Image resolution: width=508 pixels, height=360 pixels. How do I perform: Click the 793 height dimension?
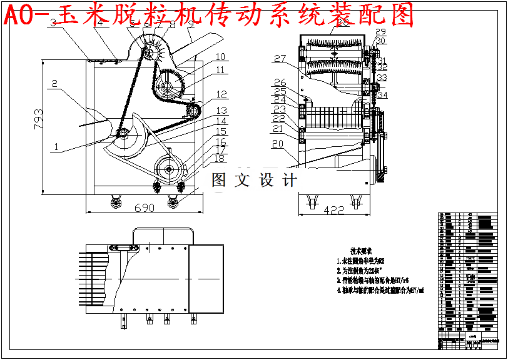point(38,118)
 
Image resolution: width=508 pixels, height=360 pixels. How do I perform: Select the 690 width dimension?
point(145,208)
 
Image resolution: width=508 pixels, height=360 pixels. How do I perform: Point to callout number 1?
point(57,147)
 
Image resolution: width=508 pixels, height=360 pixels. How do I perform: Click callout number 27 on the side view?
point(279,59)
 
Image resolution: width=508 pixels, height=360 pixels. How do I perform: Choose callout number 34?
point(382,95)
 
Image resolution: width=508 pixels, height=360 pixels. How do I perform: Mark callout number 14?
point(221,121)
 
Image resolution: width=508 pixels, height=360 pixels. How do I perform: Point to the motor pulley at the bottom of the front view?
point(169,169)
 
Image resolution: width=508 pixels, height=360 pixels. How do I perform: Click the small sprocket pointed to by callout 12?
point(192,112)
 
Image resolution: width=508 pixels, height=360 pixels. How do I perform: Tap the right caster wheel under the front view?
point(172,201)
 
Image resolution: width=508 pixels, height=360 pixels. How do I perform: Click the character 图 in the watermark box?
point(219,181)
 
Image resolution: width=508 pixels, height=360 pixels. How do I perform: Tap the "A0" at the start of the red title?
point(18,15)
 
